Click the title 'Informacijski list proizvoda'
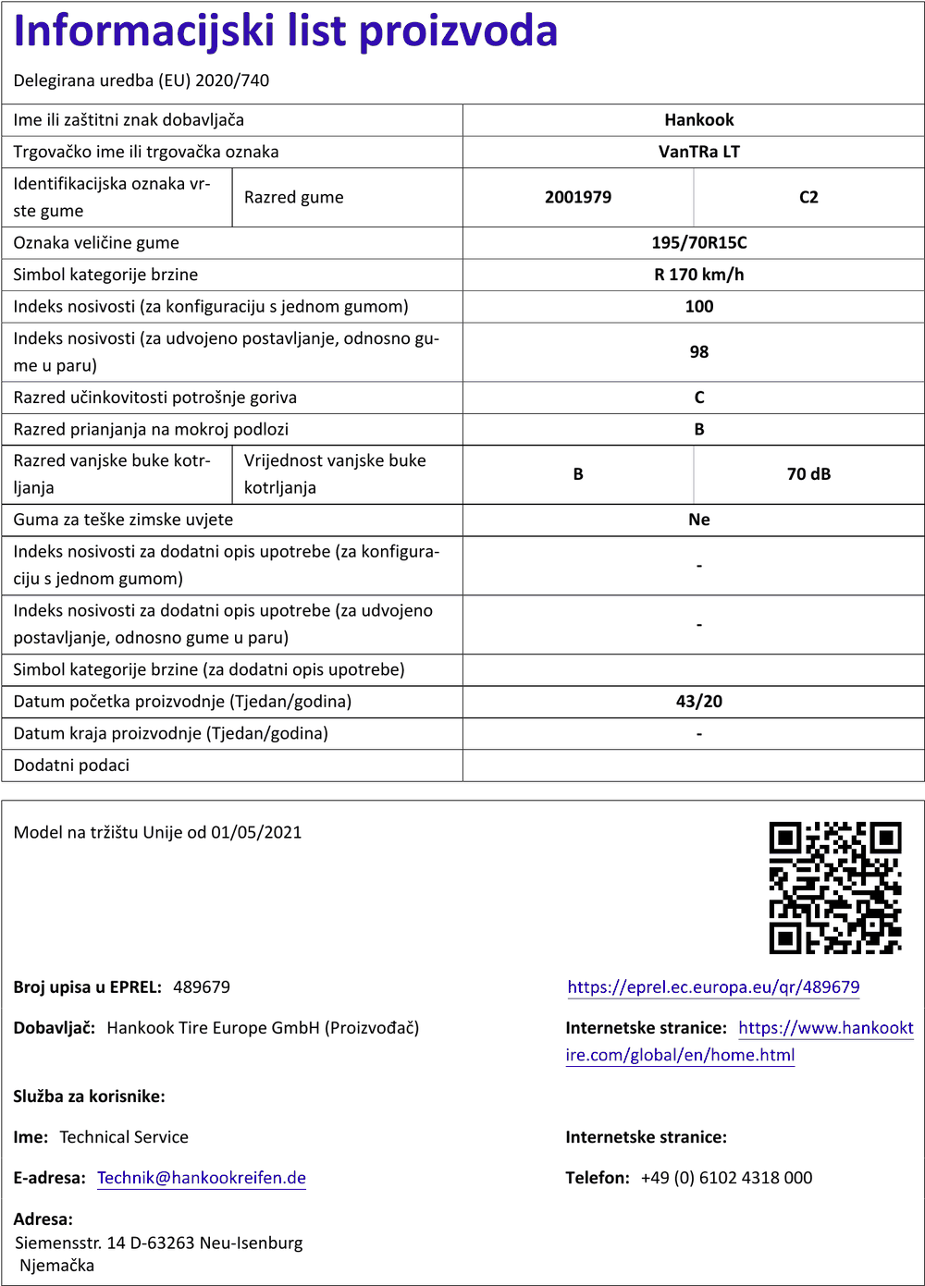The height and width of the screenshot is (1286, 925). click(286, 31)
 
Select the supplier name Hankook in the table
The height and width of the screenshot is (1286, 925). click(698, 120)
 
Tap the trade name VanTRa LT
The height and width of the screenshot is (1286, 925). click(698, 152)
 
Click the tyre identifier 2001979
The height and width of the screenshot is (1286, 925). click(578, 197)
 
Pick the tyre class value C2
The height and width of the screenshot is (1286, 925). click(808, 197)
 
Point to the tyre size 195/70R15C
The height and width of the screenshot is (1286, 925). click(698, 243)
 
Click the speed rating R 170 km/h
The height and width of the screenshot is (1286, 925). click(698, 275)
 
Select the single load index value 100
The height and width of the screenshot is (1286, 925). click(698, 306)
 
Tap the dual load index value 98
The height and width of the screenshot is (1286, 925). click(698, 352)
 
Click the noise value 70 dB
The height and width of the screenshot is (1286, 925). click(808, 474)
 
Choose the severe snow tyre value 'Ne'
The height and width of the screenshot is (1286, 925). click(698, 520)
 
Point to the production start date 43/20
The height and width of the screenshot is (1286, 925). click(698, 702)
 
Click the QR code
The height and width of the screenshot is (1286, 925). click(835, 888)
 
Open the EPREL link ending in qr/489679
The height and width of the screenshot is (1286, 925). click(713, 987)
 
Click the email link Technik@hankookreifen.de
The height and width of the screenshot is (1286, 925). click(202, 1178)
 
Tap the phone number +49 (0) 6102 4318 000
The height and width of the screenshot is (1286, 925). click(726, 1178)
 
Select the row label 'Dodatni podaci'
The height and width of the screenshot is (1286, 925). click(71, 765)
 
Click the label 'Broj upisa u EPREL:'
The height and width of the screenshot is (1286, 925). click(88, 987)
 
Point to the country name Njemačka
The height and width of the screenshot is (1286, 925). click(57, 1266)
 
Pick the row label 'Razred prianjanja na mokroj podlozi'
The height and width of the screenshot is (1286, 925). click(151, 429)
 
